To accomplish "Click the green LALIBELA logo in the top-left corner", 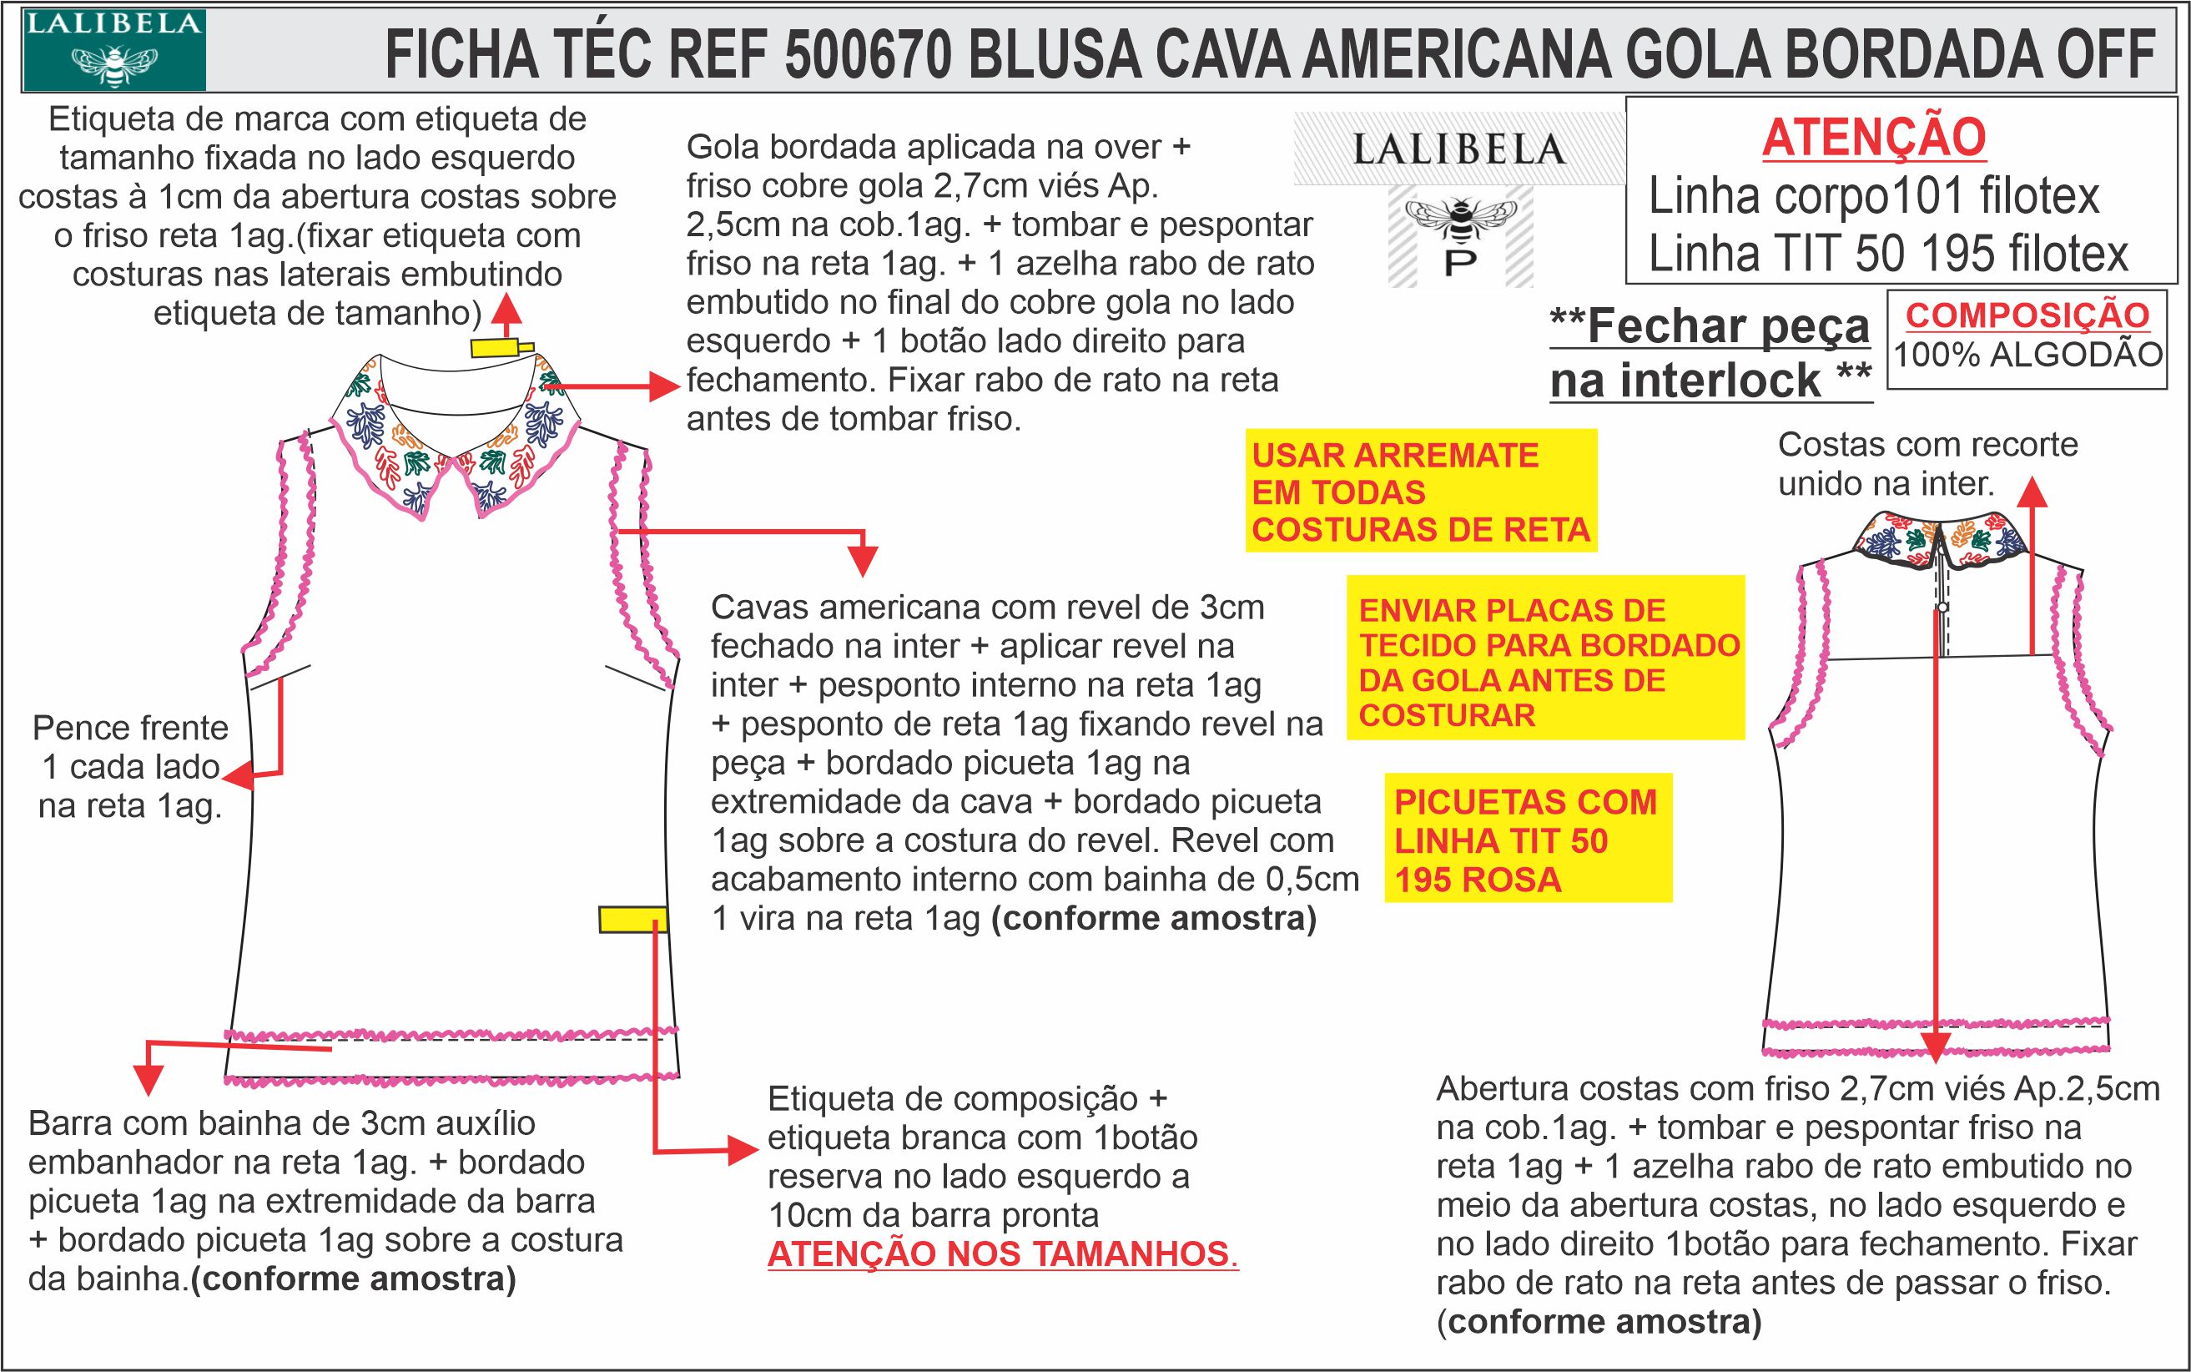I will [x=114, y=50].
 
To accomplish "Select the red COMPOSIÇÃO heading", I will [x=2027, y=315].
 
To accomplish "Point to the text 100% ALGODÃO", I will [x=2027, y=355].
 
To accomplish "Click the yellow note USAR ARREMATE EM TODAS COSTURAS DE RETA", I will [x=1421, y=491].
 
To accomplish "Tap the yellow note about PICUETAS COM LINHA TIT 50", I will [x=1527, y=840].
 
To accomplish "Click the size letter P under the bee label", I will [x=1460, y=264].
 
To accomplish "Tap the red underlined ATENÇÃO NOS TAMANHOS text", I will [x=1003, y=1254].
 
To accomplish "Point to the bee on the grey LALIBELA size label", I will [x=1460, y=218].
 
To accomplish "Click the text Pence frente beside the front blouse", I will [x=131, y=728].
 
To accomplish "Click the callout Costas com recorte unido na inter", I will [x=1927, y=464].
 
